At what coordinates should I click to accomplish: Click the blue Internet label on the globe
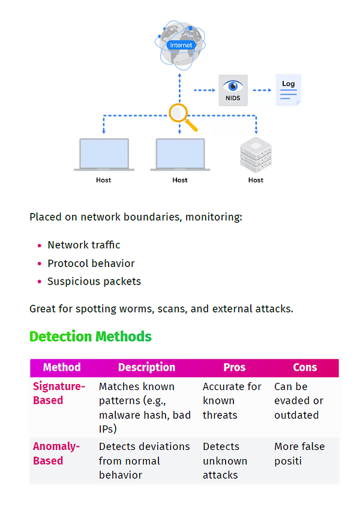(x=181, y=45)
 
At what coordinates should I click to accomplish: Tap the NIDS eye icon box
(x=233, y=90)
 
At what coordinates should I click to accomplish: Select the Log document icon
(x=288, y=90)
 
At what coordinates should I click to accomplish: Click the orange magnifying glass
(x=183, y=117)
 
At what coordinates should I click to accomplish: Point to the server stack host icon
(x=256, y=155)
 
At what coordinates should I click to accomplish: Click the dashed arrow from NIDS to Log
(x=262, y=90)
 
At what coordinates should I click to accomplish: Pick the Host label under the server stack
(x=256, y=180)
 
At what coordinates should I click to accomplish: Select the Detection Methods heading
(x=91, y=337)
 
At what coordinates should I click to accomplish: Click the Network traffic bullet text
(x=84, y=245)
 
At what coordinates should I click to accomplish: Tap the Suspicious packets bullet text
(x=94, y=281)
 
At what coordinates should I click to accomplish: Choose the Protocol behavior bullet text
(x=91, y=263)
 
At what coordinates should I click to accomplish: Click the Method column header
(x=62, y=367)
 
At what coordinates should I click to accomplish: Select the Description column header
(x=146, y=367)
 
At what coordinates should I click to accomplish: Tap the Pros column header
(x=235, y=367)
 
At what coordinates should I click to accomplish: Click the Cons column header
(x=305, y=367)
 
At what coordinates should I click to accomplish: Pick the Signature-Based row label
(x=59, y=393)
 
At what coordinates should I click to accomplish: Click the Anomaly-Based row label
(x=56, y=454)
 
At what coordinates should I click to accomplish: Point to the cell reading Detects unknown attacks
(x=225, y=461)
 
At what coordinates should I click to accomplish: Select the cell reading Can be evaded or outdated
(x=299, y=401)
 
